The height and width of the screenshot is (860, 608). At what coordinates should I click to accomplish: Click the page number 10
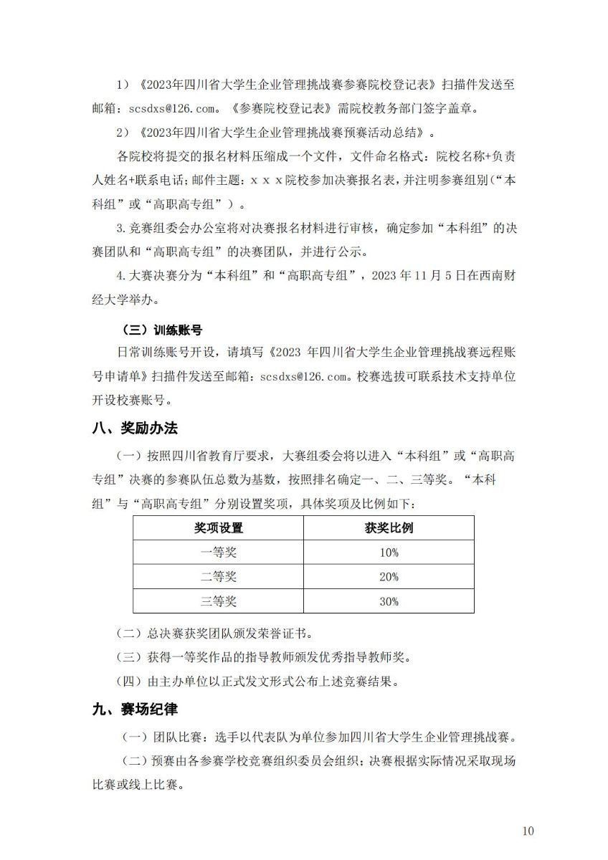click(x=528, y=831)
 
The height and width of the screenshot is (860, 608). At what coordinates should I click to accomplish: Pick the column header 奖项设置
click(x=219, y=528)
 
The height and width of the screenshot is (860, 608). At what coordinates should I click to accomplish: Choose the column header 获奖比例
click(x=389, y=528)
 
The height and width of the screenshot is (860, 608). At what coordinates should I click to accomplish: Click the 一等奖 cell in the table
click(x=219, y=553)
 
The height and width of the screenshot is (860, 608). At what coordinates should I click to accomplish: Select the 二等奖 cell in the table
click(x=219, y=577)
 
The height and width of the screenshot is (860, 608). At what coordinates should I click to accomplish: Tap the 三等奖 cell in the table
click(x=219, y=601)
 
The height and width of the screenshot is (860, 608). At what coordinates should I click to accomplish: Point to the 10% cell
click(x=389, y=553)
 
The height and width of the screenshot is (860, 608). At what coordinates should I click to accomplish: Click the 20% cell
click(x=389, y=577)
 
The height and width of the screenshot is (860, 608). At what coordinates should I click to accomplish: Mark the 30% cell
click(x=389, y=601)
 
